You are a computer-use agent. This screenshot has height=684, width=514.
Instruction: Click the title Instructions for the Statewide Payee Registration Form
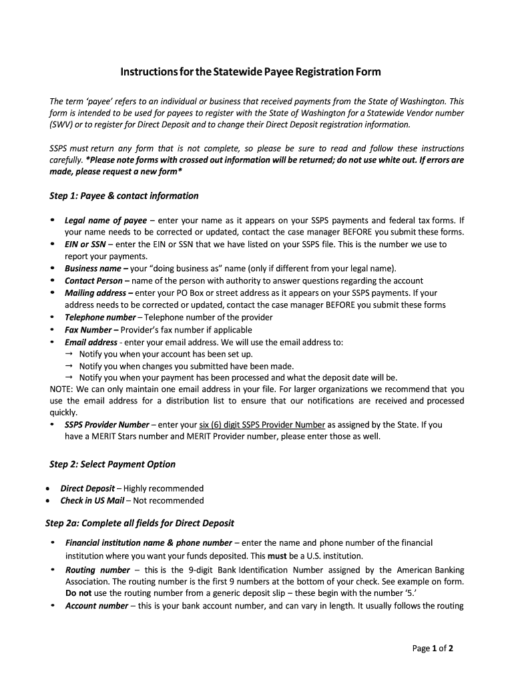pos(250,71)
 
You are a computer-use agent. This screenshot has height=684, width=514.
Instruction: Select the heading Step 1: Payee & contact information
pos(124,196)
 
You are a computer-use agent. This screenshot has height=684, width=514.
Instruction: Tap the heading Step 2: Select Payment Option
pos(112,464)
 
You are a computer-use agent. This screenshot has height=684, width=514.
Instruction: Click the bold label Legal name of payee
pos(105,220)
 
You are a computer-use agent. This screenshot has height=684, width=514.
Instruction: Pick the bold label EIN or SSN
pos(85,244)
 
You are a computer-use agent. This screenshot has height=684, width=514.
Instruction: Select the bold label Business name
pos(93,269)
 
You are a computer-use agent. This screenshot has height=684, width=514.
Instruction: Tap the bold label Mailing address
pos(95,293)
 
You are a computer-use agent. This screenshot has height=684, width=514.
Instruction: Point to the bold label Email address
pos(91,342)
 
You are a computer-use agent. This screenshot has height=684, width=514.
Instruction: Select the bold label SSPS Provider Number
pos(107,424)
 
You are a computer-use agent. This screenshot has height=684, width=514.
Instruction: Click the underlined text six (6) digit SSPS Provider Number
pos(262,424)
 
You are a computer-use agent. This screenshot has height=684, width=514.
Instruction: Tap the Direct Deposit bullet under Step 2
pos(87,488)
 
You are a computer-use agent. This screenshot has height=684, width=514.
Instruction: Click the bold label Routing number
pos(97,570)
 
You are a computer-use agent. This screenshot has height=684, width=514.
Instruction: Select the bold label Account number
pos(96,606)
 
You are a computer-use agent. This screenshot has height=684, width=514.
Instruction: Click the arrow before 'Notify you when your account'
pos(69,353)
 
